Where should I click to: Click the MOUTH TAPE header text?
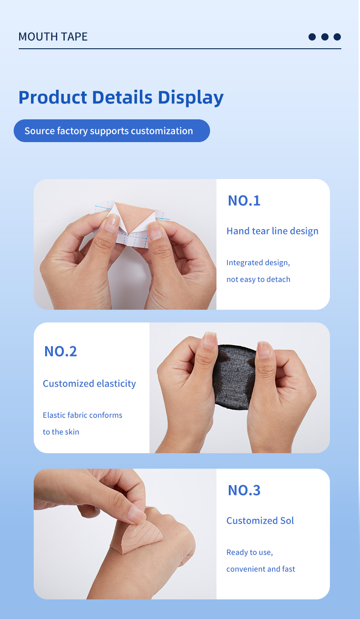pos(53,37)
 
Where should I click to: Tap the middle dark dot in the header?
pos(325,37)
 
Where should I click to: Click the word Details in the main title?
pos(122,97)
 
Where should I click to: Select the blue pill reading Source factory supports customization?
pos(112,131)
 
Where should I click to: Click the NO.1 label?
pos(244,200)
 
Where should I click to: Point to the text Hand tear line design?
pos(273,231)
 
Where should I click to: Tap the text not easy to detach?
pos(258,279)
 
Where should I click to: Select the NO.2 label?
pos(61,352)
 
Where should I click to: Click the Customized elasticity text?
pos(89,384)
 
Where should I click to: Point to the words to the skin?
pos(61,432)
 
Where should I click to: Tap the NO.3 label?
pos(244,490)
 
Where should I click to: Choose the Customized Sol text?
pos(260,521)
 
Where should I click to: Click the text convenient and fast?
pos(261,569)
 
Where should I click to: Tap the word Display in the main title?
pos(190,98)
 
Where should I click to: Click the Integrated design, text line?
pos(258,262)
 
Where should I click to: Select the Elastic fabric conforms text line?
pos(82,415)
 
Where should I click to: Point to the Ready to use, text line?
pos(249,552)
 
